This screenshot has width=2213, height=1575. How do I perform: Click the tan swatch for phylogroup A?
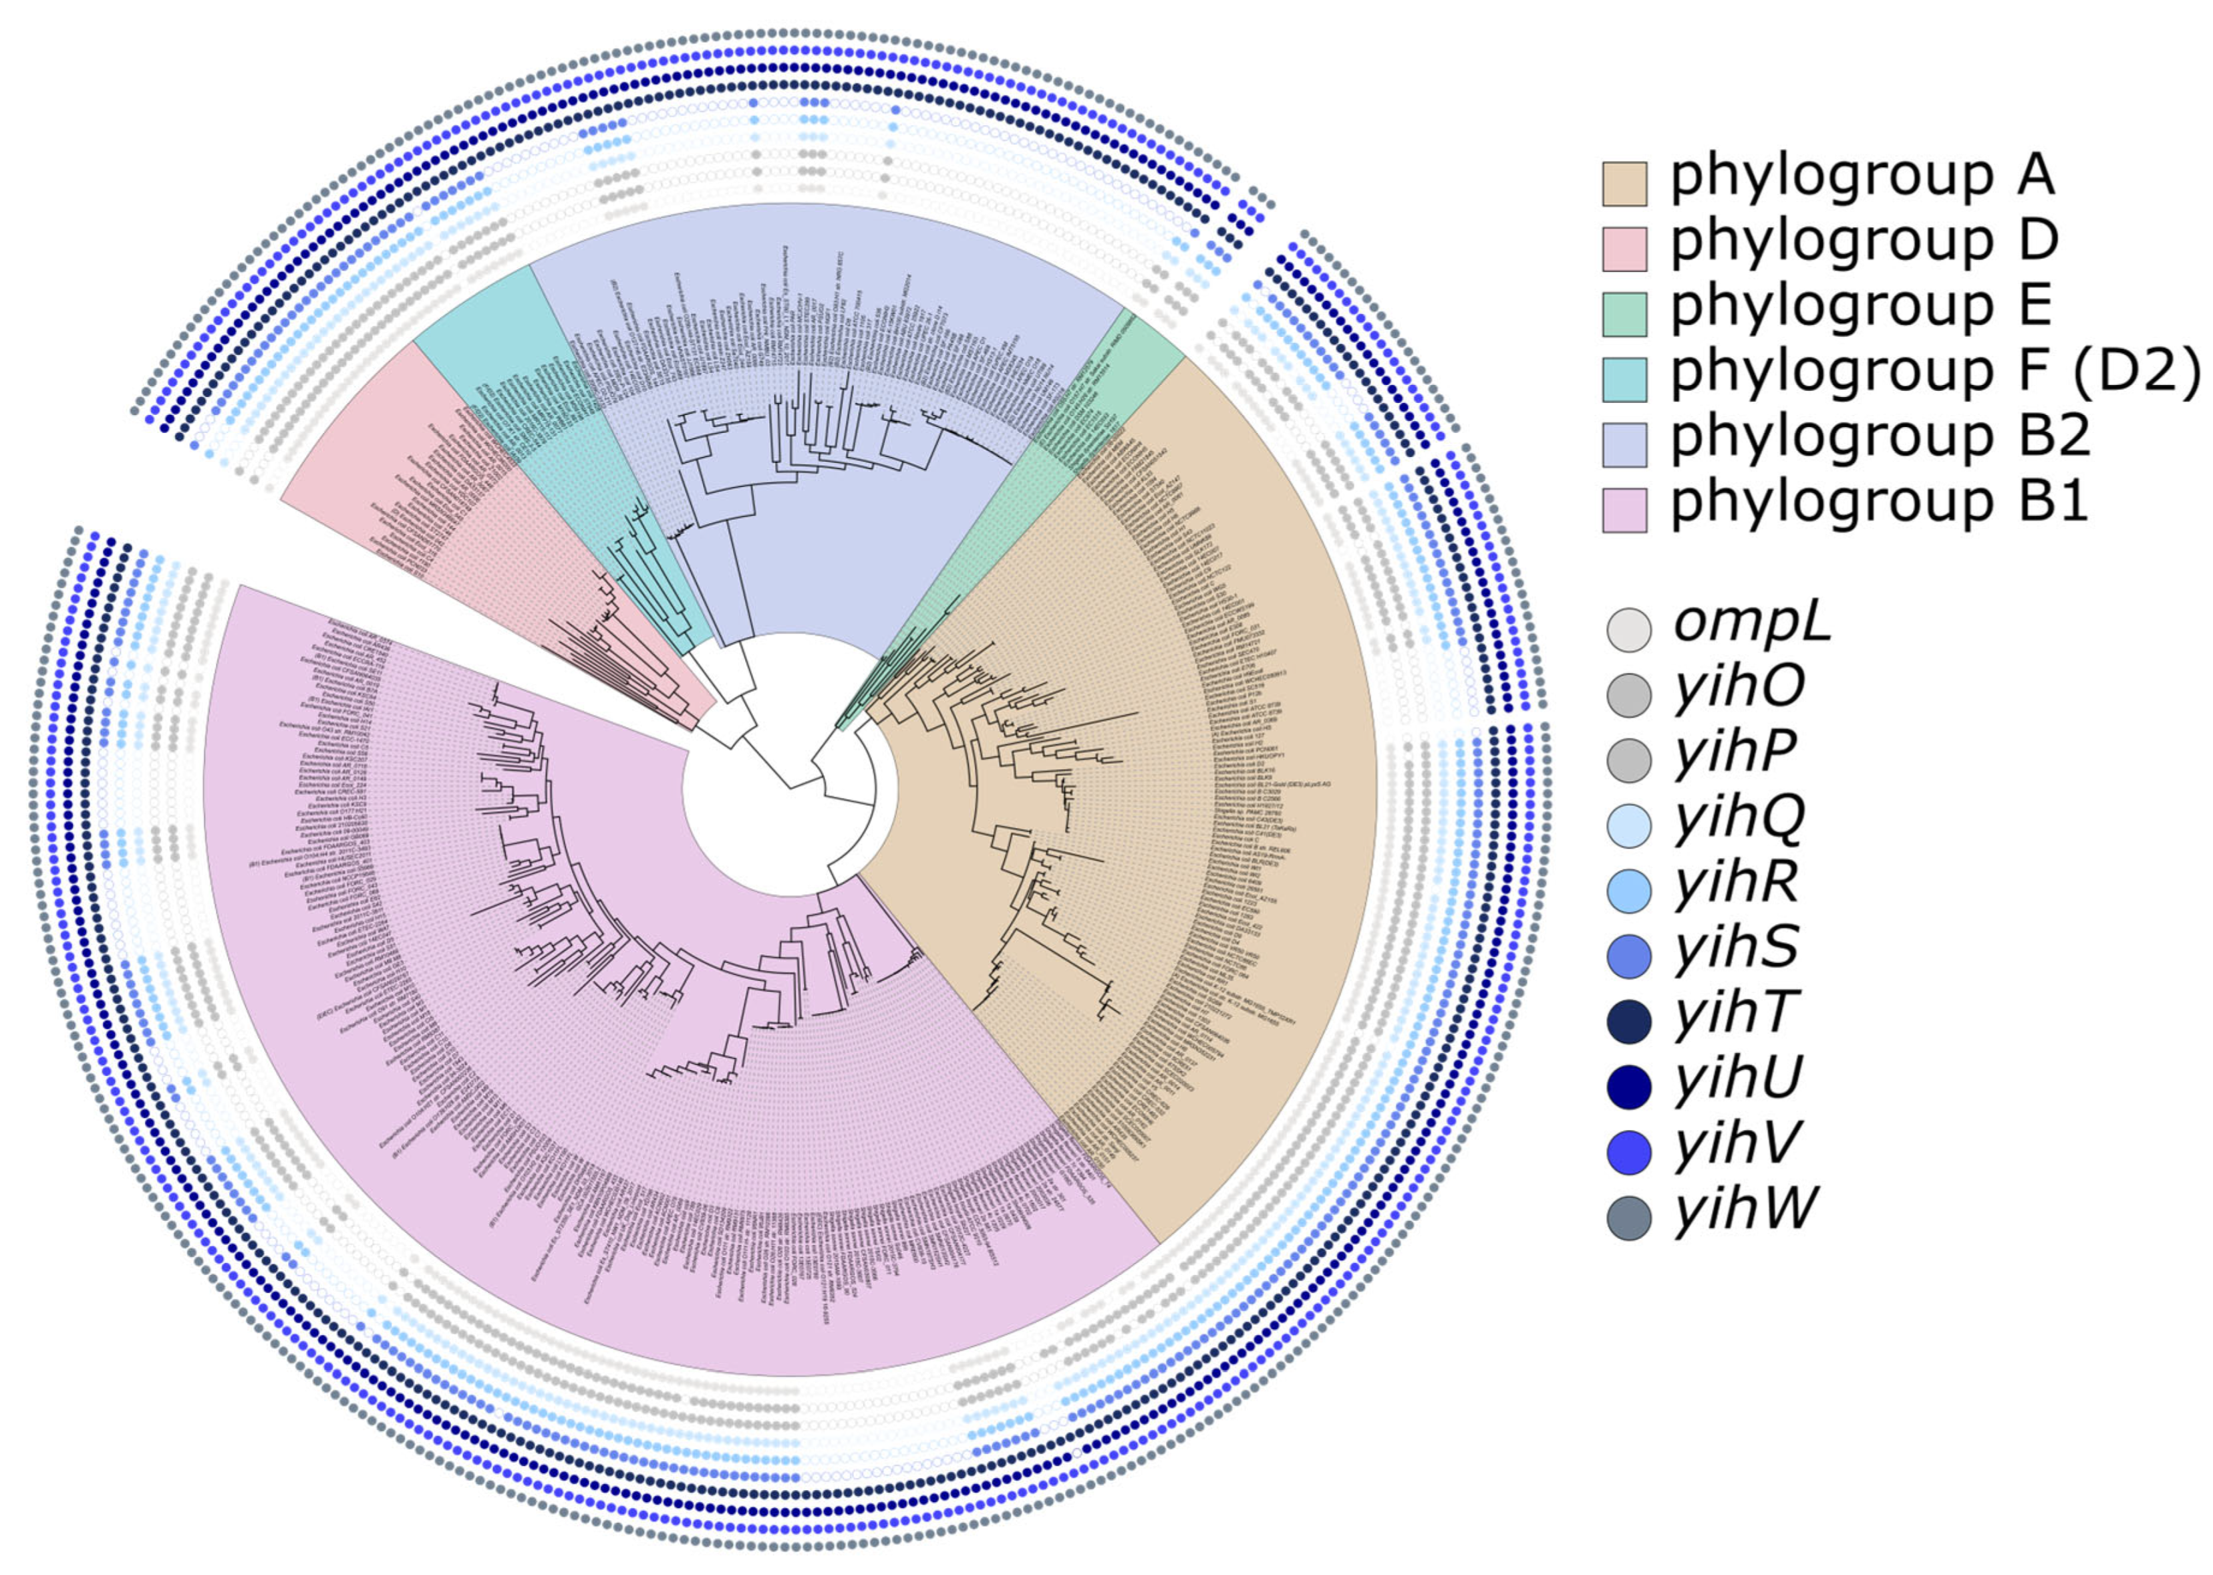(x=1624, y=184)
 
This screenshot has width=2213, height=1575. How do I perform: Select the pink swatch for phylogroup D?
(x=1624, y=249)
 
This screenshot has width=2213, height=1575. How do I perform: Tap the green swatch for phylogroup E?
(x=1624, y=314)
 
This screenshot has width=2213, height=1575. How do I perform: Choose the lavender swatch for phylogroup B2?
(x=1624, y=444)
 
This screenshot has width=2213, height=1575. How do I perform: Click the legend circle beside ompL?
(x=1629, y=629)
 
